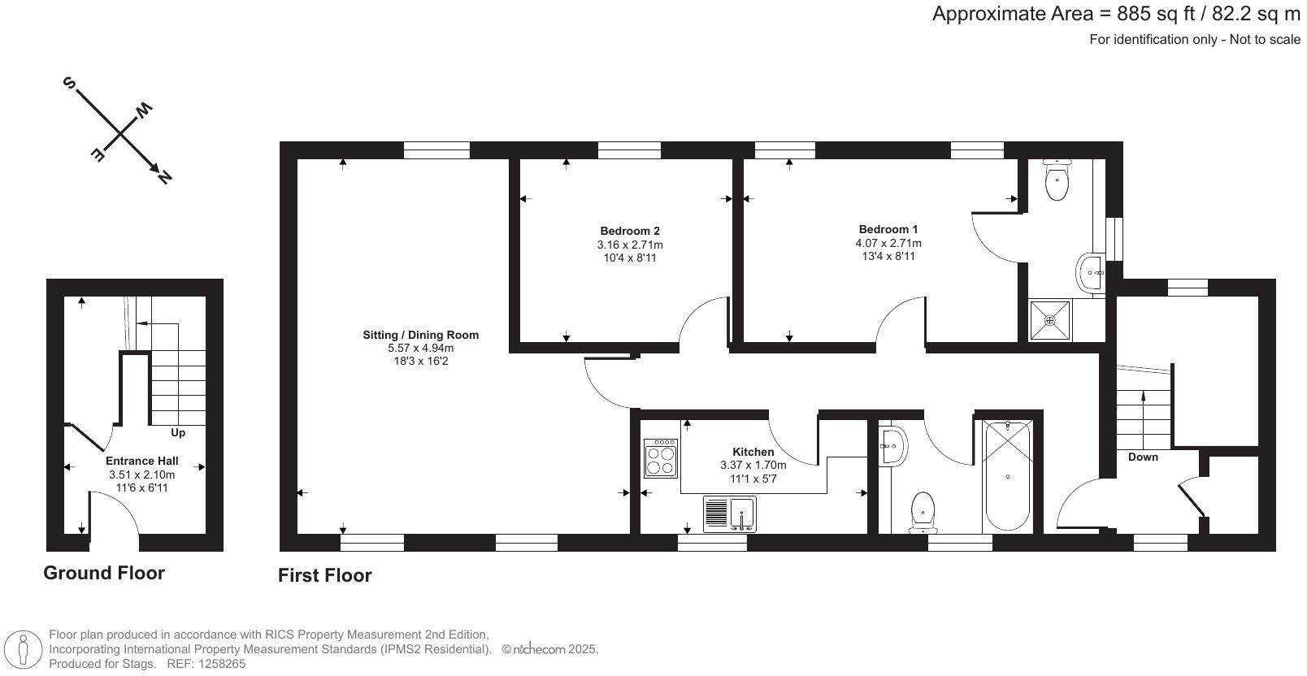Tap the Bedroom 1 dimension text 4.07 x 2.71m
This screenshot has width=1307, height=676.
point(888,243)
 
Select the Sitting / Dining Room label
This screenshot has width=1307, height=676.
point(420,335)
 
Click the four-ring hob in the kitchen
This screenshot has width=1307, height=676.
point(660,458)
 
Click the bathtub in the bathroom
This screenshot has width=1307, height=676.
point(1007,476)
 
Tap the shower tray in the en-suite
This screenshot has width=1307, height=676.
point(1050,320)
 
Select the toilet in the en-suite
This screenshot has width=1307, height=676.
point(1057,180)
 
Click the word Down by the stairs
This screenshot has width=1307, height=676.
point(1143,457)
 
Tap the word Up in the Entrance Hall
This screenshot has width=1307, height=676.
point(178,433)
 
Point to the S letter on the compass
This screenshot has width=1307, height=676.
point(70,83)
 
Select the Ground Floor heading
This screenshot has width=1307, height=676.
point(104,573)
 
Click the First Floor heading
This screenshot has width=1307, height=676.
point(324,575)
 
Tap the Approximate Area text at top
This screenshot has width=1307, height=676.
point(1115,14)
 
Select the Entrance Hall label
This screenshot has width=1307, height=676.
point(141,461)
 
